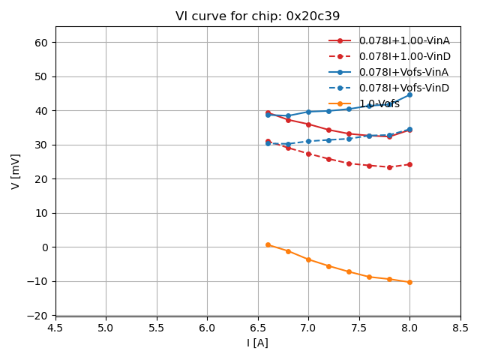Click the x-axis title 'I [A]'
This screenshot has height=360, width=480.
click(x=257, y=343)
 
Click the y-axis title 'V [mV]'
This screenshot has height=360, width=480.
click(x=16, y=171)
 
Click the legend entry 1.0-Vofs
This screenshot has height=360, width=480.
click(x=379, y=103)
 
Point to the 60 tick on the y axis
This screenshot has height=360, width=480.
click(x=42, y=43)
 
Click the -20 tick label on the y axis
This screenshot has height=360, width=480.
click(x=39, y=316)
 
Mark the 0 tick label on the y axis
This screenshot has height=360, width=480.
click(x=45, y=247)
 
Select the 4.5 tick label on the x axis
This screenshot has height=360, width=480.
click(x=55, y=328)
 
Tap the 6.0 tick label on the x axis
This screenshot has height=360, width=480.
click(x=207, y=328)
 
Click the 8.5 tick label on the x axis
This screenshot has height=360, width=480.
click(x=460, y=328)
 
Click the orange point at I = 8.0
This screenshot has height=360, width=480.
click(x=409, y=282)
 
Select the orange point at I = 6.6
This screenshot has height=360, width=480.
click(x=268, y=244)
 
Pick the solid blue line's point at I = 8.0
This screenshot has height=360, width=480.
click(x=409, y=94)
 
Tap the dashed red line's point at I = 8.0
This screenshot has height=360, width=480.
click(x=409, y=164)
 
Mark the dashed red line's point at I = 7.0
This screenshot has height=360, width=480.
click(x=308, y=154)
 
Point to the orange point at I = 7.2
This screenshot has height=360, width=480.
click(x=328, y=266)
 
